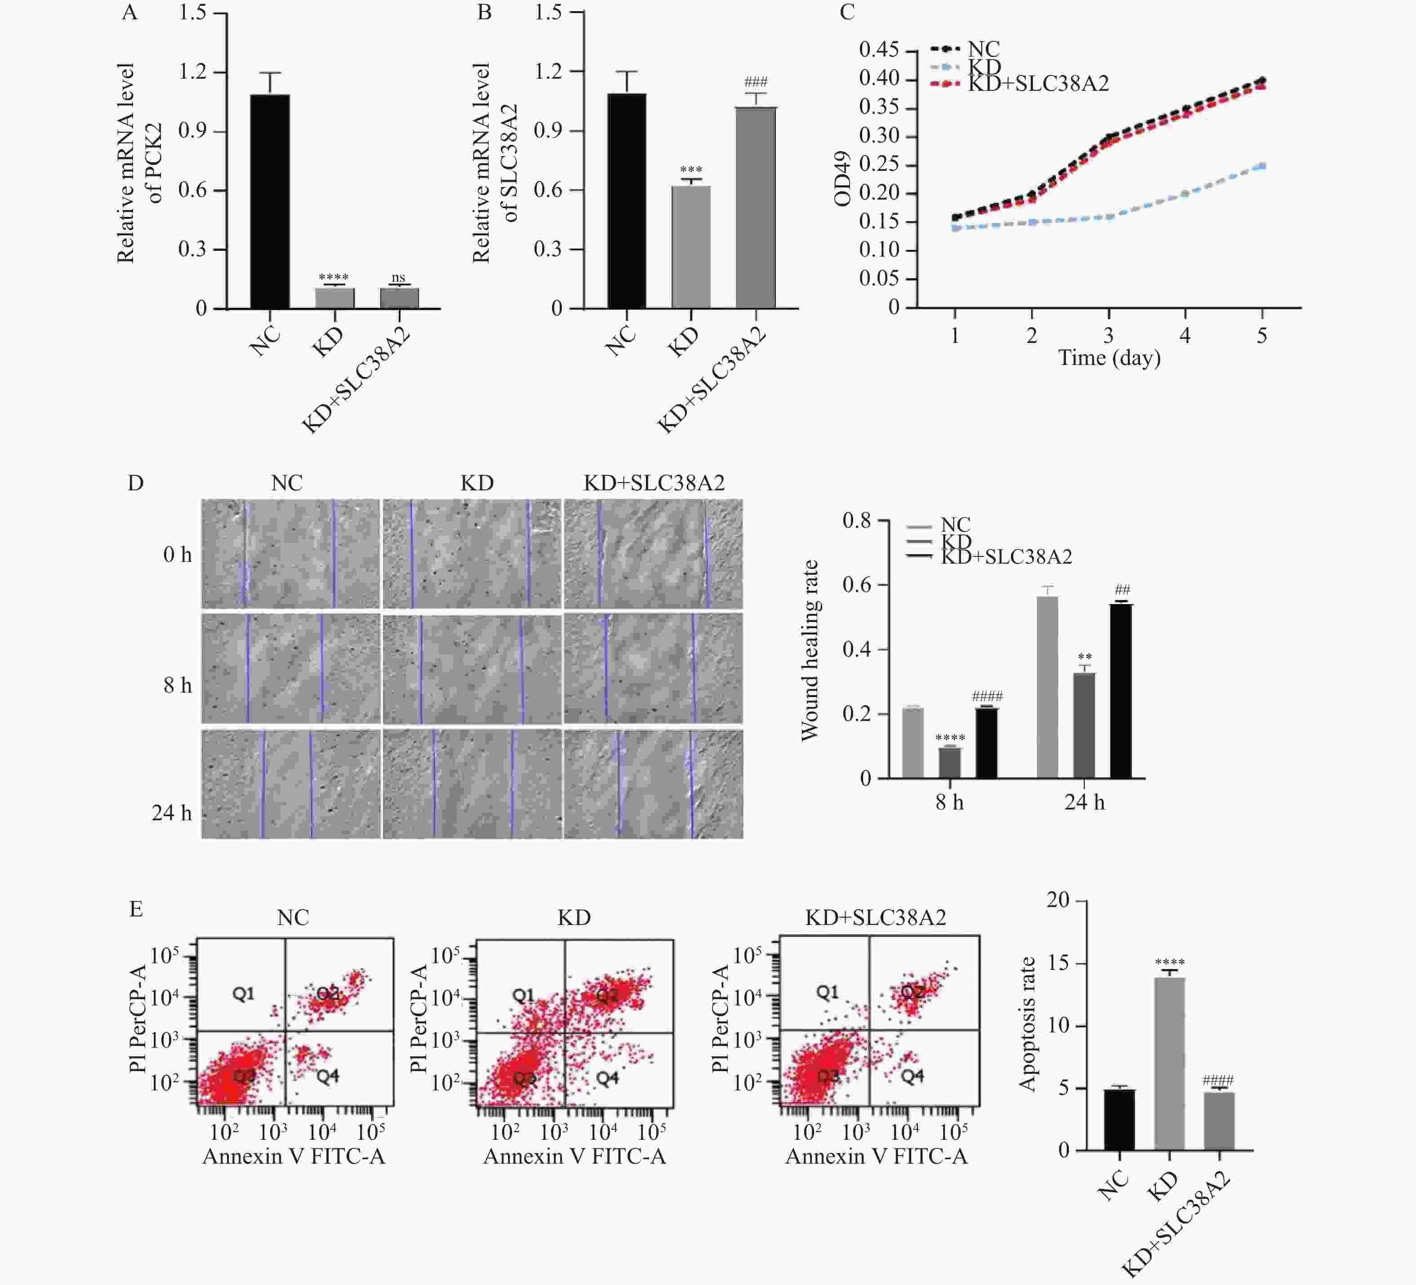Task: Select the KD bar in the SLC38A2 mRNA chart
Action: click(x=691, y=246)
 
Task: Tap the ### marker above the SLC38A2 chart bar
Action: click(x=756, y=82)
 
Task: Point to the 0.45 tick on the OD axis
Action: click(x=879, y=50)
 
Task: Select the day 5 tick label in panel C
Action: click(x=1261, y=336)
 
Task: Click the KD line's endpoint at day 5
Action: click(x=1262, y=166)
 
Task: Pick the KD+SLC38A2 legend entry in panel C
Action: click(x=1038, y=84)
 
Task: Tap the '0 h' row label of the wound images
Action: click(x=177, y=555)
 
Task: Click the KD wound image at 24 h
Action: click(x=472, y=784)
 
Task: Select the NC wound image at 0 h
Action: click(x=290, y=554)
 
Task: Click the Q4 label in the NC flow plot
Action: click(x=327, y=1075)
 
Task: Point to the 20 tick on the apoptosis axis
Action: click(x=1058, y=900)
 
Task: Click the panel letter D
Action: click(x=136, y=483)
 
